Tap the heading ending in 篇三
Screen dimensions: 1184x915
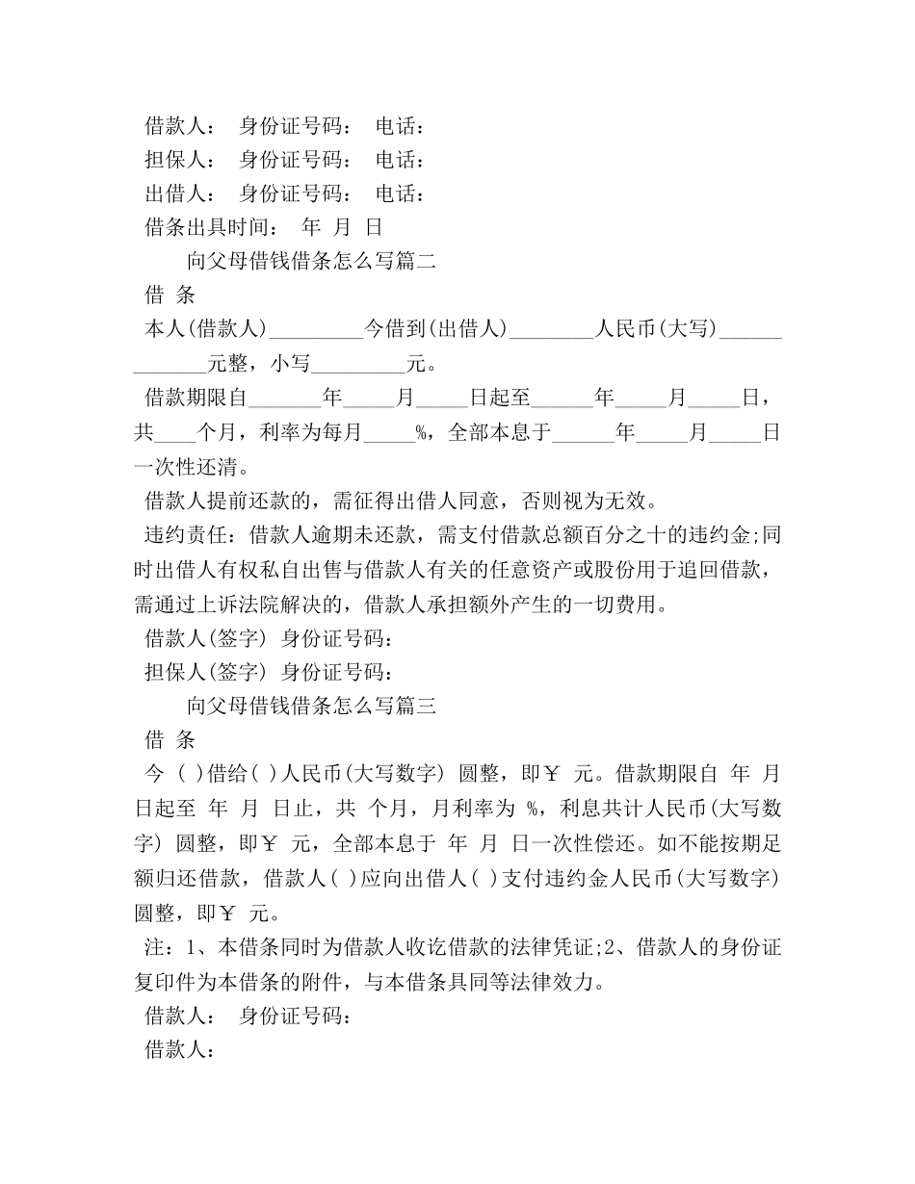311,707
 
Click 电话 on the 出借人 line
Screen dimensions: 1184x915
399,194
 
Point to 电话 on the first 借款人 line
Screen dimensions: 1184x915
399,126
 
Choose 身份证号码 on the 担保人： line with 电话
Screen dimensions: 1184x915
295,161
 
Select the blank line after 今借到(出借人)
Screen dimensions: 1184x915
551,331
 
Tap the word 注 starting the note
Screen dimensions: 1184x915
154,948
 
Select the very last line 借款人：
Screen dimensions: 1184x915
178,1051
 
